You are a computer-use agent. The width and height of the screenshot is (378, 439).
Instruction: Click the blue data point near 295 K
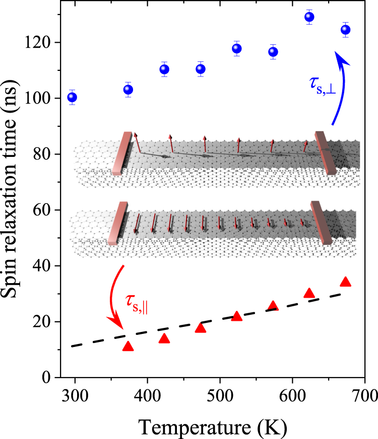coord(72,97)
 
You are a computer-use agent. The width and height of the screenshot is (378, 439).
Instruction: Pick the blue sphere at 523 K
coord(237,48)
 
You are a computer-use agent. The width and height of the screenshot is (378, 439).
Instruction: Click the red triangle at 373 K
coord(128,346)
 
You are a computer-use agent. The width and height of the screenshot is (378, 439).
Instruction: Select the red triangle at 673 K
coord(345,282)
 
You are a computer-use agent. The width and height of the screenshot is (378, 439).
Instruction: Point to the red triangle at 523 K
coord(237,316)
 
